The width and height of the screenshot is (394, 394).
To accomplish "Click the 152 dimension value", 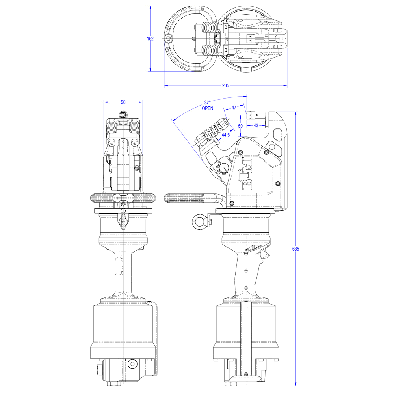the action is coord(150,39).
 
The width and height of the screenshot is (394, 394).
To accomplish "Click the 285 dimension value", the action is coord(225,85).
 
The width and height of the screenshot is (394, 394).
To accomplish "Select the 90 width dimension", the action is coord(123,102).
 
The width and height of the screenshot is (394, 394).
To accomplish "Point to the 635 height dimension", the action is coord(296,249).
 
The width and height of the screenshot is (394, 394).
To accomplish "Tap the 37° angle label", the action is coord(207,103).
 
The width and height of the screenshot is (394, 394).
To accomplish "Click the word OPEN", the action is coord(208,108).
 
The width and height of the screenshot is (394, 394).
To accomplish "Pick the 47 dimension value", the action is coord(234,108).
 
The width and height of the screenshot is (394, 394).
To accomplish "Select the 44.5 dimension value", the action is coord(225,135).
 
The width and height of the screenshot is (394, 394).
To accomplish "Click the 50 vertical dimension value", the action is coord(240,126).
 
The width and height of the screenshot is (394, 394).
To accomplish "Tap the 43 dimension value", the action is coord(256,125).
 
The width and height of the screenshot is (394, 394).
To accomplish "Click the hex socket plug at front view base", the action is coord(132,364).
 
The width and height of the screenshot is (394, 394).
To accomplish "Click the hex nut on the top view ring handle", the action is coord(168,39).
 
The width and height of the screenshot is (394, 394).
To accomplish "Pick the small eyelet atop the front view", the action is coord(123,115).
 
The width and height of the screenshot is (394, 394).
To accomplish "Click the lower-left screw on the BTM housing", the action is coord(232,203).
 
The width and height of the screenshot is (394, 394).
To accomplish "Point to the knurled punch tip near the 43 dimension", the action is coord(251,115).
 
